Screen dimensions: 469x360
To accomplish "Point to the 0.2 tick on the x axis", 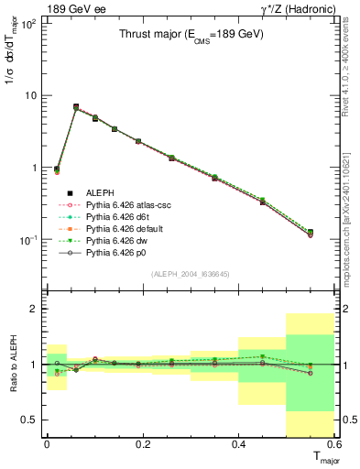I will click(141, 444).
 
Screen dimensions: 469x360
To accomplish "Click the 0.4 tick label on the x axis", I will click(238, 444).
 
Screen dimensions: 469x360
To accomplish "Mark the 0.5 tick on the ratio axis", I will click(33, 420).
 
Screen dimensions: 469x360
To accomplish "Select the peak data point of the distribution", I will click(76, 107).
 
